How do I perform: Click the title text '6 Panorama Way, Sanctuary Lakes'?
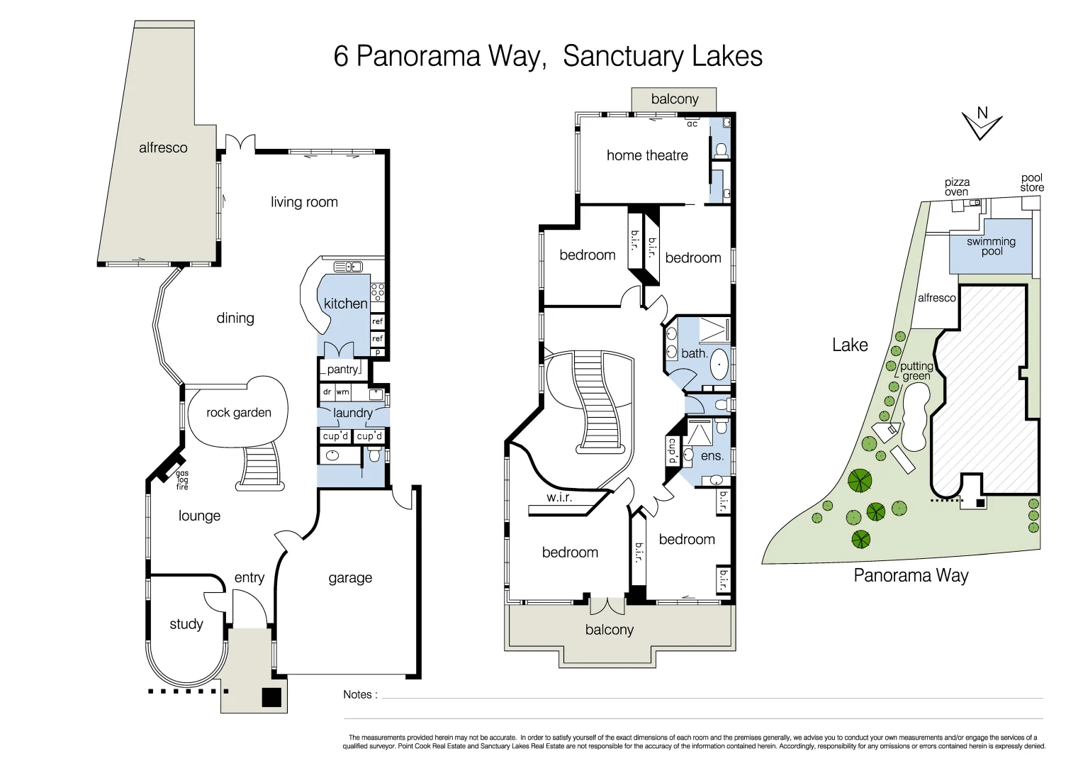pos(547,56)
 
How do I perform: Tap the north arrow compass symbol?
pos(982,124)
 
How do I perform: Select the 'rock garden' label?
pos(238,413)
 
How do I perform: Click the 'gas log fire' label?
pos(182,480)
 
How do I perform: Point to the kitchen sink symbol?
pos(348,267)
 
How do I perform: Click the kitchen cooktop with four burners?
pos(377,292)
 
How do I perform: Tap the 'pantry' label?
pos(342,370)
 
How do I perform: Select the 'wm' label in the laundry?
pos(343,392)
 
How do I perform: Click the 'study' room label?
pos(186,624)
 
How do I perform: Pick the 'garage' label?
pos(350,578)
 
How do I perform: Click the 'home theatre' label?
pos(646,155)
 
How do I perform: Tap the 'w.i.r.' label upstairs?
pos(559,498)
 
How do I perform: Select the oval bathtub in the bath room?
pos(719,364)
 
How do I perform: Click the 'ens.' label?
pos(712,456)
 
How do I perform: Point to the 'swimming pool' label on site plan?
pos(991,246)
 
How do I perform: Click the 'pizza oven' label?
pos(957,187)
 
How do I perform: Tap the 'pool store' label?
pos(1031,183)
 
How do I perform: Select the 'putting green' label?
pos(916,371)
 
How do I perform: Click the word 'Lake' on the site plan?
pos(850,345)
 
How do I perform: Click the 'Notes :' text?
pos(360,695)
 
